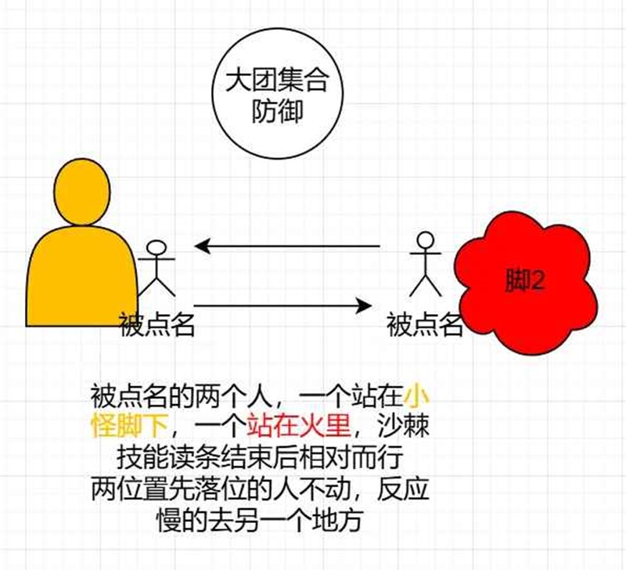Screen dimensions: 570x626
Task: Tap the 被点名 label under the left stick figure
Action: coord(156,323)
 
